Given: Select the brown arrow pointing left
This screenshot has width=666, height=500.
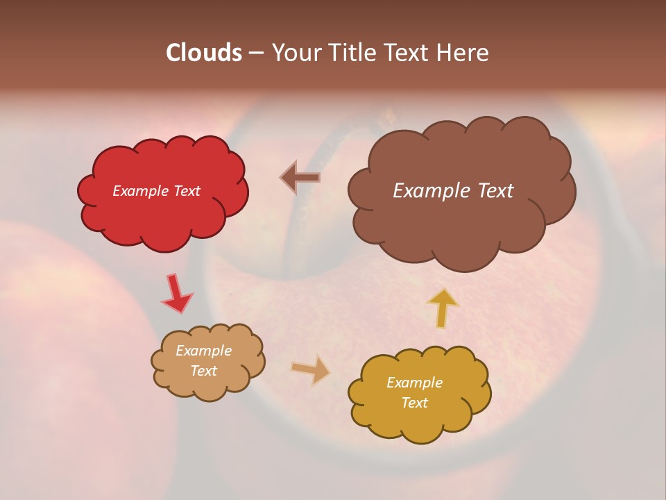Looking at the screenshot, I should (x=300, y=178).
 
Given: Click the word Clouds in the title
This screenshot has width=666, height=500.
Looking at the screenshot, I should (x=204, y=53).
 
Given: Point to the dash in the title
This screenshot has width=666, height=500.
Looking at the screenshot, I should (x=256, y=53).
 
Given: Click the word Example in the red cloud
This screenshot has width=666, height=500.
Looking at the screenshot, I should (x=139, y=191).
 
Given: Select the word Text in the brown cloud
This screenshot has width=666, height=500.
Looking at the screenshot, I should (x=491, y=191).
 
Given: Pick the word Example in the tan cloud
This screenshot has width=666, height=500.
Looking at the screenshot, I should (x=204, y=351).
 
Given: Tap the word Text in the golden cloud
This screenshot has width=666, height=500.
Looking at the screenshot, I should (x=415, y=403).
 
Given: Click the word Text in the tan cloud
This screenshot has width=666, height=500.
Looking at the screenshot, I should (x=204, y=371).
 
